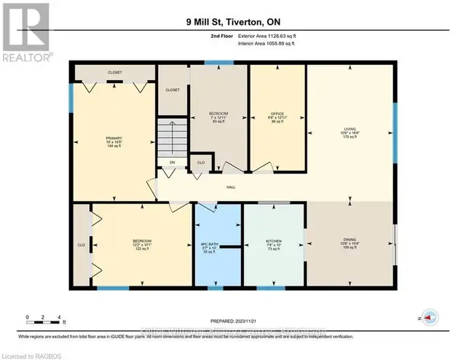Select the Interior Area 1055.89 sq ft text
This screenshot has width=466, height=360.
[x=276, y=43]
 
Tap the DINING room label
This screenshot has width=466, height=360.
[x=351, y=240]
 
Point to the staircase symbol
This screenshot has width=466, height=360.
[x=173, y=138]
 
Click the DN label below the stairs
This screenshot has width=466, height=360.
[x=173, y=163]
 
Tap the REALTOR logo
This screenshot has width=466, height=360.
[x=25, y=31]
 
